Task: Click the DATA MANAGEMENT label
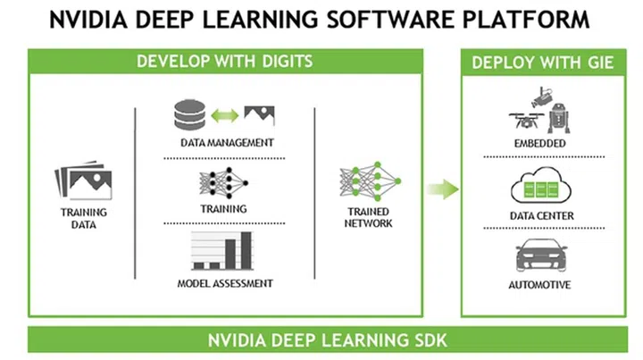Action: click(226, 142)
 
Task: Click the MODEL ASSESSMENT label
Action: click(225, 284)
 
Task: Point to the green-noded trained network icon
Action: click(369, 182)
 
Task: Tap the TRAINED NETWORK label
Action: click(369, 218)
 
